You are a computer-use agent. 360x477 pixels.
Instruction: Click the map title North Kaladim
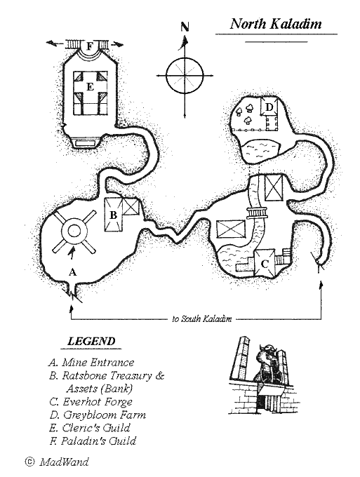pyautogui.click(x=276, y=24)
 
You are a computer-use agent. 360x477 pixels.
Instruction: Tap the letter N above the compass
pyautogui.click(x=185, y=27)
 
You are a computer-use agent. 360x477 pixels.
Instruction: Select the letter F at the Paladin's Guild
pyautogui.click(x=89, y=46)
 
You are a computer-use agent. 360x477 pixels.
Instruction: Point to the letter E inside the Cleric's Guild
pyautogui.click(x=90, y=87)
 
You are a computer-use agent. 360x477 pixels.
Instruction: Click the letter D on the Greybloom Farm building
pyautogui.click(x=269, y=107)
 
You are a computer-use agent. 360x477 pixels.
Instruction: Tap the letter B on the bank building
pyautogui.click(x=113, y=215)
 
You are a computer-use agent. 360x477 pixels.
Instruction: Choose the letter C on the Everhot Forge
pyautogui.click(x=265, y=264)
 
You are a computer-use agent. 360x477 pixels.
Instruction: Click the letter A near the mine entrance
pyautogui.click(x=72, y=272)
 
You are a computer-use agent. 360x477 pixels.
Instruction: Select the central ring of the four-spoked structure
pyautogui.click(x=73, y=231)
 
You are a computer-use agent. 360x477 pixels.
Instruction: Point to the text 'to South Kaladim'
pyautogui.click(x=202, y=318)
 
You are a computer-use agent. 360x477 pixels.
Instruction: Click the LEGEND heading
pyautogui.click(x=91, y=341)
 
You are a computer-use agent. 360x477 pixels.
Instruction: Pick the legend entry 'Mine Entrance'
pyautogui.click(x=98, y=363)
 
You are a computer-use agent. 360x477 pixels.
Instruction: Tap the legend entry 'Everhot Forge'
pyautogui.click(x=98, y=402)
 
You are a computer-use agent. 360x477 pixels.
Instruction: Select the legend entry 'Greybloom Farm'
pyautogui.click(x=105, y=415)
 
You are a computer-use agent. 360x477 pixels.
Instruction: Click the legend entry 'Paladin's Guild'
pyautogui.click(x=98, y=441)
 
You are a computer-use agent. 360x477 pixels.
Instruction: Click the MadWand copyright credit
pyautogui.click(x=58, y=462)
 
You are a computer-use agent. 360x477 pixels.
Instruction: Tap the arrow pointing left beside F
pyautogui.click(x=55, y=43)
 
